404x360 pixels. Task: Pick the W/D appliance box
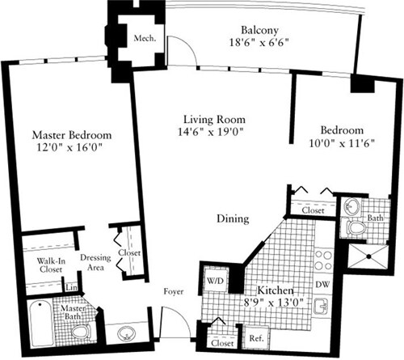pyautogui.click(x=217, y=282)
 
